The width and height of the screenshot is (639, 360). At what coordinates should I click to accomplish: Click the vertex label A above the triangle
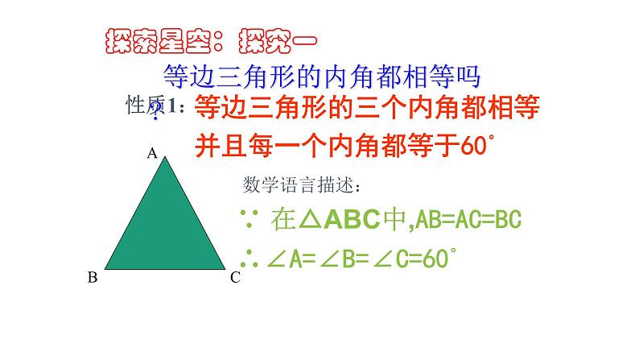click(150, 152)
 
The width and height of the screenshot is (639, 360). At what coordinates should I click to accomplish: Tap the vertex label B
click(93, 278)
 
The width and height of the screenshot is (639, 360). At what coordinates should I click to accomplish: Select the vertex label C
click(235, 278)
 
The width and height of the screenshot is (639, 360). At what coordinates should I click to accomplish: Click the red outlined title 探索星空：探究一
click(212, 39)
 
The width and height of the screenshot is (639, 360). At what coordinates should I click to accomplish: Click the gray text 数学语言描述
click(302, 184)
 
